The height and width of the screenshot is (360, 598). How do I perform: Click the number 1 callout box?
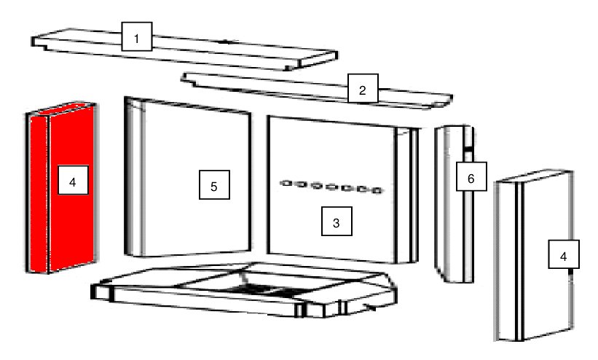coord(137,36)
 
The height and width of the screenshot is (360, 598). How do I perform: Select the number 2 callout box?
coord(363,89)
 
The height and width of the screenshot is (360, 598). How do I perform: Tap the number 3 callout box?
coord(337,221)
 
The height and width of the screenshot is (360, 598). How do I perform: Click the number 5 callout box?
coord(214,185)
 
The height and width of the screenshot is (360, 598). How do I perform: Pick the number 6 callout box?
coord(471,176)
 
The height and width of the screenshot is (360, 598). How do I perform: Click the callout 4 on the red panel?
coord(74,180)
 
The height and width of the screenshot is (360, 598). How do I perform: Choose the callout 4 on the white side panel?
coord(564,254)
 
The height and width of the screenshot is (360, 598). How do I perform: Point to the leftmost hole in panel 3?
coord(286,183)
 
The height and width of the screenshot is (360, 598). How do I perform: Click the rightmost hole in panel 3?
coord(377,190)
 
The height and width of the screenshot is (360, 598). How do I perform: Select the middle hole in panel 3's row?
coord(331,187)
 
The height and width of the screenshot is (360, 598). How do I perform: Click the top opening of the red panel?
coord(69,108)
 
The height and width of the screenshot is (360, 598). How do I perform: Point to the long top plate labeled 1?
coord(184,50)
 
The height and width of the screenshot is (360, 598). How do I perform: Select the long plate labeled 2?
coord(317,91)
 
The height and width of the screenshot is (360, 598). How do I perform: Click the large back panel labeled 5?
coord(188,178)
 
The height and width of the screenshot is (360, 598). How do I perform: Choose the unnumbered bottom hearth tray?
coord(244,290)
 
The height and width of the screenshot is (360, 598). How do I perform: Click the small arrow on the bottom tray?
coord(370,306)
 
